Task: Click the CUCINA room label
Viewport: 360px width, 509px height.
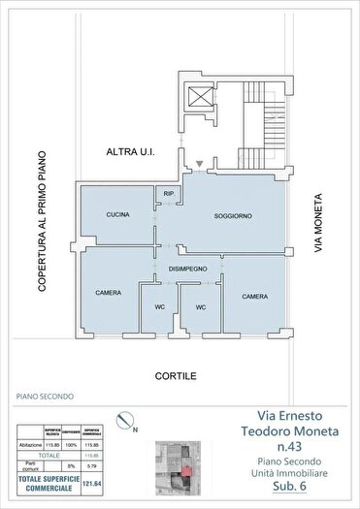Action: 118,214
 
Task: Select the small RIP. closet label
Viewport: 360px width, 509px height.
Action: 168,194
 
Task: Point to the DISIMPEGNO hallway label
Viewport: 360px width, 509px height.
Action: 188,269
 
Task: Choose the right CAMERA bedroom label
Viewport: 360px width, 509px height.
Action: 255,297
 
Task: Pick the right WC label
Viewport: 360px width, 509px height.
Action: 201,307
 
